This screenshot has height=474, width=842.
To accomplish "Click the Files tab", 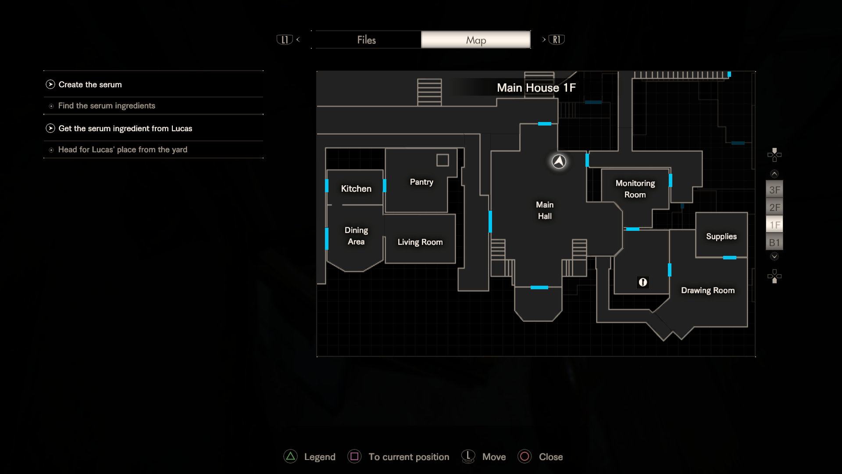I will pyautogui.click(x=367, y=40).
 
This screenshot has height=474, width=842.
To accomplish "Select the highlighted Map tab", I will pyautogui.click(x=476, y=40).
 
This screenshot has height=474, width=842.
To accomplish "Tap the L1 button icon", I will pyautogui.click(x=285, y=39).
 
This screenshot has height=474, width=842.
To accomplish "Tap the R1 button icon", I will pyautogui.click(x=557, y=39).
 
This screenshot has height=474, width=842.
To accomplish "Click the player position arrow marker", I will pyautogui.click(x=559, y=162).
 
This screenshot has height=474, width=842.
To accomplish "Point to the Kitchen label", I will pyautogui.click(x=356, y=189).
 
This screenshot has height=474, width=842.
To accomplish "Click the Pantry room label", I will pyautogui.click(x=421, y=182).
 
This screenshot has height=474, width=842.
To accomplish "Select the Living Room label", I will pyautogui.click(x=420, y=242).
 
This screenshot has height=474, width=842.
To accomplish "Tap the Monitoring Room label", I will pyautogui.click(x=635, y=189).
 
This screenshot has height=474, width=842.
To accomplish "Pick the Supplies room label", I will pyautogui.click(x=721, y=237).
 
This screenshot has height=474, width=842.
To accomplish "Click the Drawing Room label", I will pyautogui.click(x=708, y=291).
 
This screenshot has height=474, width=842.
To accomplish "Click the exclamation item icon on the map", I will pyautogui.click(x=643, y=282).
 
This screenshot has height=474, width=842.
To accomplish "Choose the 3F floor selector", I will pyautogui.click(x=774, y=190).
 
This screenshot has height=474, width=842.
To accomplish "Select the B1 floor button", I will pyautogui.click(x=774, y=243).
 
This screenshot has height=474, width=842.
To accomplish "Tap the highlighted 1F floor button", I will pyautogui.click(x=774, y=225).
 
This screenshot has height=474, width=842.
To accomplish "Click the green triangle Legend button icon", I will pyautogui.click(x=290, y=456).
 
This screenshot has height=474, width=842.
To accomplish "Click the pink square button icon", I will pyautogui.click(x=354, y=456).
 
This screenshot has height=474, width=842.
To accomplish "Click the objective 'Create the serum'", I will pyautogui.click(x=90, y=85).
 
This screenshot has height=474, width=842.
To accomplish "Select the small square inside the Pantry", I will pyautogui.click(x=442, y=160).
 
